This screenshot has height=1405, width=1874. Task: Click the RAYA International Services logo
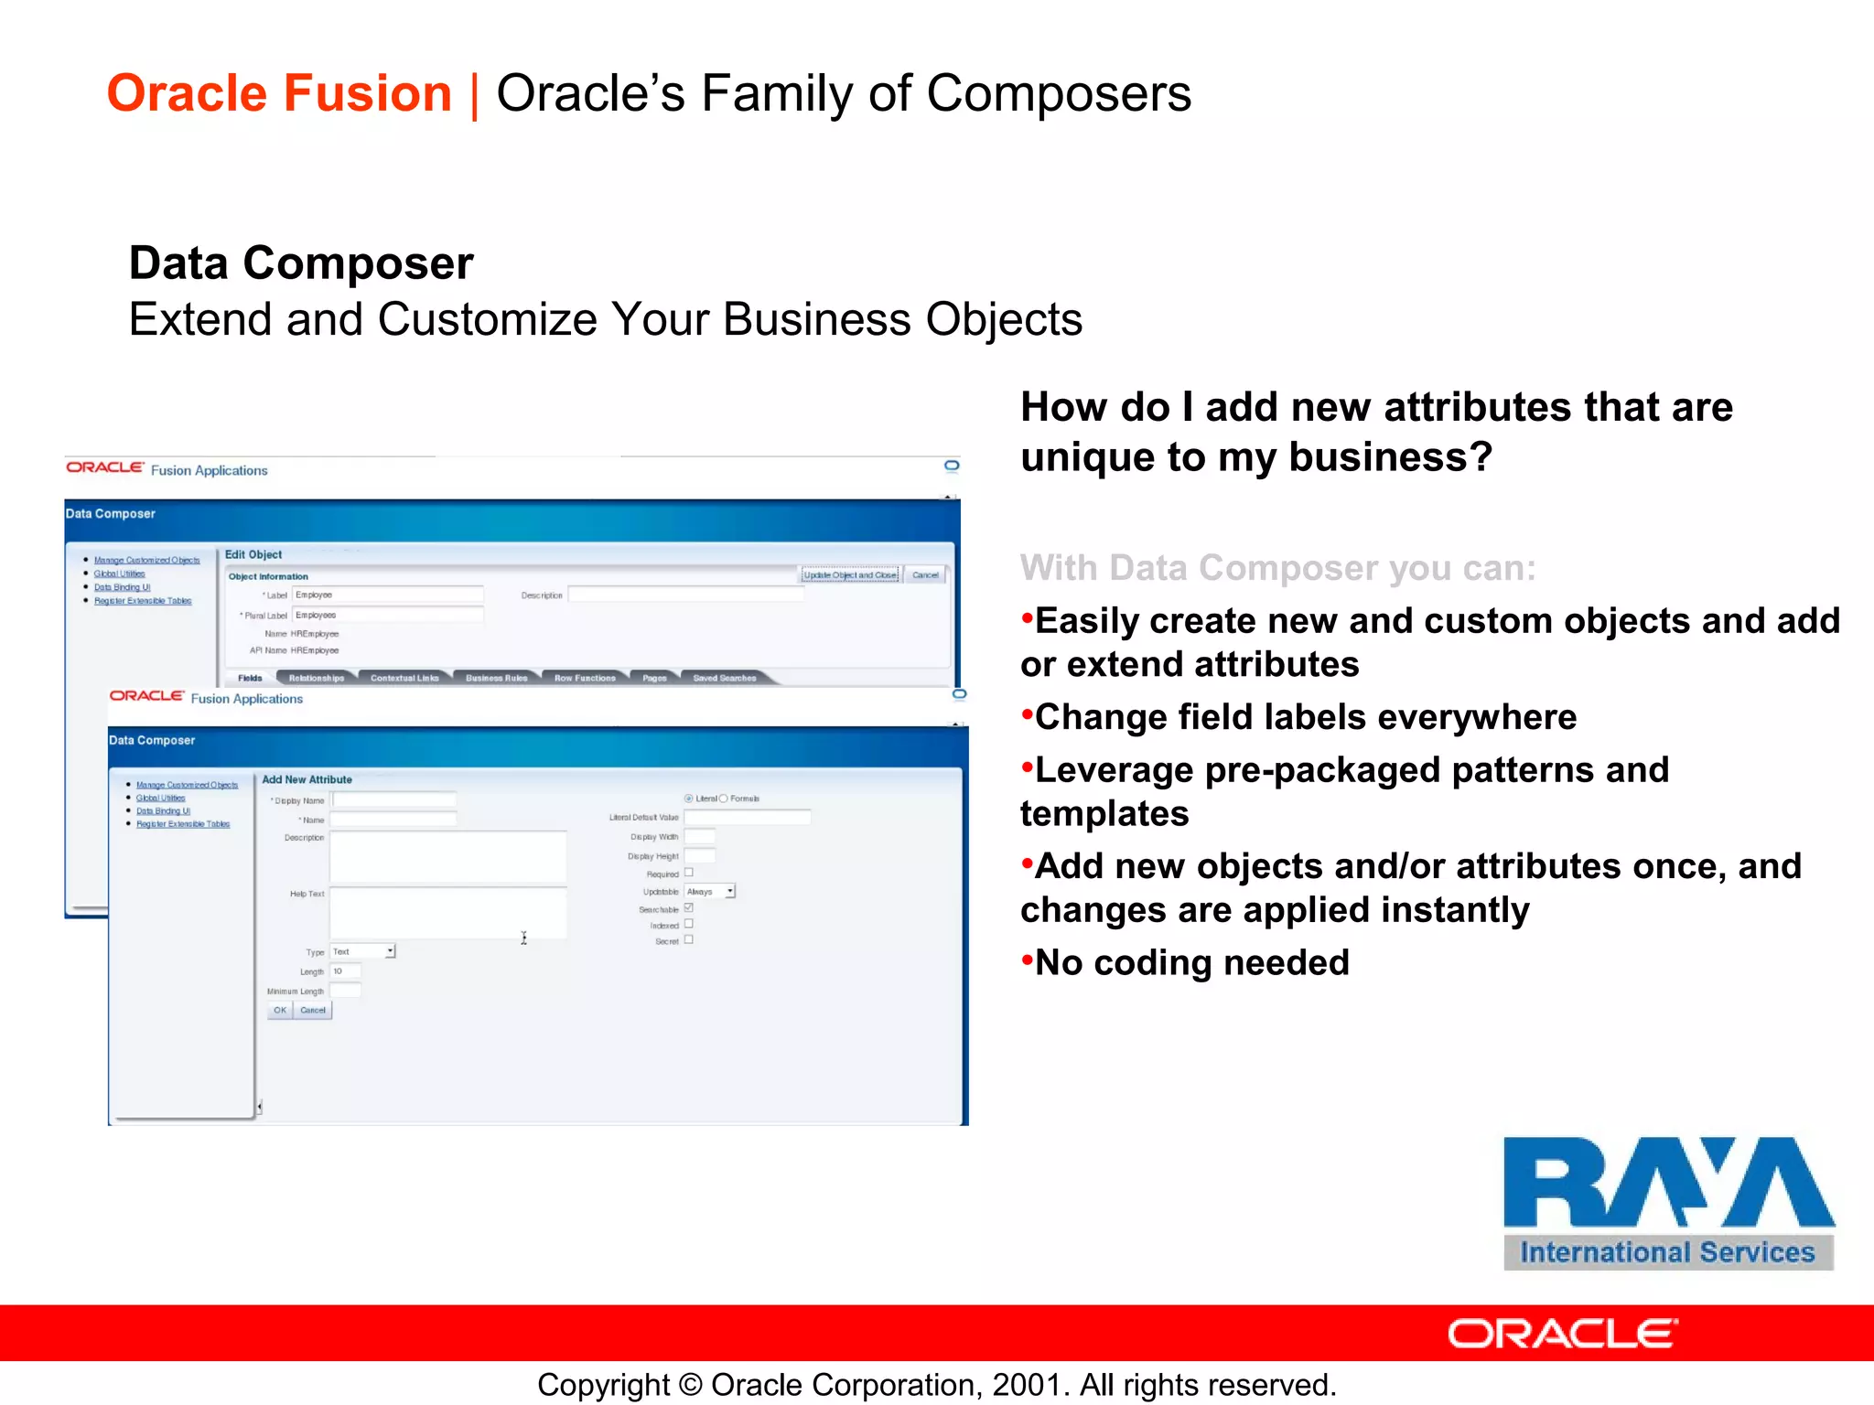point(1668,1202)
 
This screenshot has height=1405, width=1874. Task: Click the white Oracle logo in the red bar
point(1562,1334)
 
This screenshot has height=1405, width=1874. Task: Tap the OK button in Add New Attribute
point(280,1010)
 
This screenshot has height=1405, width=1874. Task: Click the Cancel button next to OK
point(313,1010)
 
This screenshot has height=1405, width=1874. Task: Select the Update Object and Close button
point(850,574)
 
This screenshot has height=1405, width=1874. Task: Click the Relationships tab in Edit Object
point(317,678)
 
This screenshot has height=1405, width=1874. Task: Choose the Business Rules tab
point(496,678)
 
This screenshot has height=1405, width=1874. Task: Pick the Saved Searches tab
point(724,678)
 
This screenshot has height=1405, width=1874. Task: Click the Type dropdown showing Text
point(363,951)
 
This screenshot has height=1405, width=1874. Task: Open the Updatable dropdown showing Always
point(710,891)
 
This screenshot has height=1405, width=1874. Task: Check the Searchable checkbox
point(689,907)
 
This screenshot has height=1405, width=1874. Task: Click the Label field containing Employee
point(388,595)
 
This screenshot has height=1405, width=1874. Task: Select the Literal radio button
point(689,799)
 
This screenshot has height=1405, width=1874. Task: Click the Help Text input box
point(447,912)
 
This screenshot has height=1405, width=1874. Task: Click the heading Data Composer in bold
point(301,263)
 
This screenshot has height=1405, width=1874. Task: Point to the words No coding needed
point(1191,962)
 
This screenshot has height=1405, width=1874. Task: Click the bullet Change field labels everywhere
point(1305,717)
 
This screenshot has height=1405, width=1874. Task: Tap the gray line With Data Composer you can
point(1277,568)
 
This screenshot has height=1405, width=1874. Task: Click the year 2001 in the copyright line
point(1027,1385)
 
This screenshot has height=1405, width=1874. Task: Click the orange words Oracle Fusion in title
point(279,93)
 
